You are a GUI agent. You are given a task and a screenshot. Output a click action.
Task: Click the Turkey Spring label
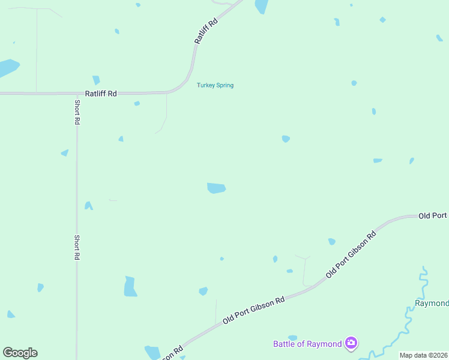pyautogui.click(x=215, y=85)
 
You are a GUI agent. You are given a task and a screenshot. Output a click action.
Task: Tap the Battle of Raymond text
pyautogui.click(x=307, y=344)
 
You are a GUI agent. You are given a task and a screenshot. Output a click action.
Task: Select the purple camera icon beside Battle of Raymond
pyautogui.click(x=351, y=343)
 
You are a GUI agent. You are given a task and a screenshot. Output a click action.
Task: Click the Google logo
pyautogui.click(x=20, y=353)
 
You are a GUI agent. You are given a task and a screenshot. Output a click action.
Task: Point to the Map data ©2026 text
pyautogui.click(x=424, y=355)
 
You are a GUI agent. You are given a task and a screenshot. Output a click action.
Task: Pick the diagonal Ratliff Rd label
pyautogui.click(x=205, y=29)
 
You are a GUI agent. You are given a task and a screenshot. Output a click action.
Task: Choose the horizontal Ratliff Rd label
pyautogui.click(x=101, y=94)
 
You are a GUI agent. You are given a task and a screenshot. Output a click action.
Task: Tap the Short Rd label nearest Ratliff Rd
pyautogui.click(x=77, y=112)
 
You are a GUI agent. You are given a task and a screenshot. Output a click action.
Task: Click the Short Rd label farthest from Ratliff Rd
pyautogui.click(x=77, y=247)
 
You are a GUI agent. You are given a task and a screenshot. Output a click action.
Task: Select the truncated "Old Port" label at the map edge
pyautogui.click(x=433, y=215)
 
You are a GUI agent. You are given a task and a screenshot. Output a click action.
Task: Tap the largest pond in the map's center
pyautogui.click(x=216, y=188)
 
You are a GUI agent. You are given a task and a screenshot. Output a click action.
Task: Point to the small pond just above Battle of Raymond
pyautogui.click(x=292, y=338)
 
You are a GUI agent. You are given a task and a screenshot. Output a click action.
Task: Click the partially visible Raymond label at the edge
pyautogui.click(x=432, y=303)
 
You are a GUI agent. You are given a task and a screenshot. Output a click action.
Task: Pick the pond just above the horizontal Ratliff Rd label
pyautogui.click(x=96, y=80)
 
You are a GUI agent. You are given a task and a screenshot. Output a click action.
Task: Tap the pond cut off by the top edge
pyautogui.click(x=261, y=6)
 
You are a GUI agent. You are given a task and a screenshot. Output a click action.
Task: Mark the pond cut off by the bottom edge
pyautogui.click(x=152, y=353)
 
